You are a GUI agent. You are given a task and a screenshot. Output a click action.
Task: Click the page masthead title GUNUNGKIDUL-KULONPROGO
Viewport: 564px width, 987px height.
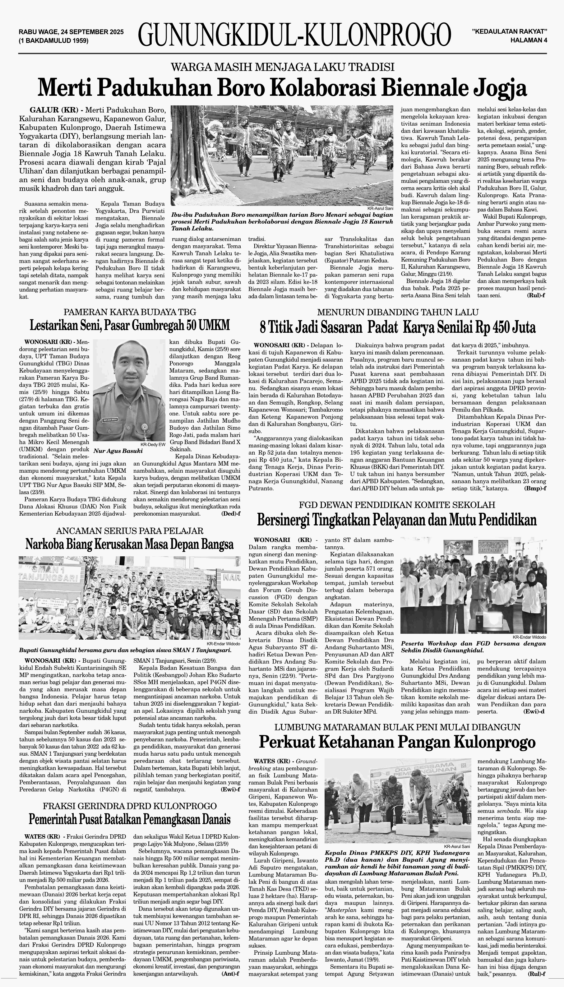[x=294, y=35]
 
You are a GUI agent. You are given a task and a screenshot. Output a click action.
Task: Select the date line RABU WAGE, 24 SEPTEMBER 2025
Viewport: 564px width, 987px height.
[x=71, y=32]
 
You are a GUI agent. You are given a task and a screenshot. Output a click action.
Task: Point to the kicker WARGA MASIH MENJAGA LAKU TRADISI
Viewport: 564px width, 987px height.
[x=282, y=67]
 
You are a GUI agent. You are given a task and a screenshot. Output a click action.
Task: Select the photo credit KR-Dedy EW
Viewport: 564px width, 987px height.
[x=153, y=445]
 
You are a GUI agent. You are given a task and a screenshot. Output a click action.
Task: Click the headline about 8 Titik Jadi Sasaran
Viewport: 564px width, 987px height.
[x=397, y=328]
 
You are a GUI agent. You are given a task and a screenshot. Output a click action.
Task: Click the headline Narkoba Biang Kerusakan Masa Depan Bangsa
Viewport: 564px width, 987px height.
[x=129, y=544]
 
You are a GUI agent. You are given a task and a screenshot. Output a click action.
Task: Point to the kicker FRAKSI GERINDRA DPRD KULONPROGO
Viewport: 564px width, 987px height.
[x=129, y=804]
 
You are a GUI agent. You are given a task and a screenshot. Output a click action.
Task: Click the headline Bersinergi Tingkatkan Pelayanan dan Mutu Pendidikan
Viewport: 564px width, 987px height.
[x=397, y=519]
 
